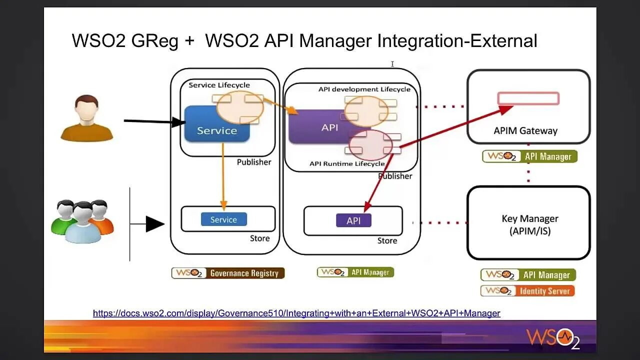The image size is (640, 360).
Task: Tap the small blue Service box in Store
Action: point(224,219)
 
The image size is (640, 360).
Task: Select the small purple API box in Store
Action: point(353,220)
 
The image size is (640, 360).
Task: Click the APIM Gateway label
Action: point(525,131)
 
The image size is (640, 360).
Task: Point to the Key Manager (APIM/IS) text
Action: point(530,225)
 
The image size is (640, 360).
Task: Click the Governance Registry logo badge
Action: point(228,273)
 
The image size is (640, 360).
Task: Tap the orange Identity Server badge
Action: point(527,291)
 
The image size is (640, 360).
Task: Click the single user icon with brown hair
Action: point(87,118)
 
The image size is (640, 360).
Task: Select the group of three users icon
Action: point(82,221)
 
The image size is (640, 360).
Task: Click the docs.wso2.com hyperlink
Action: point(296,313)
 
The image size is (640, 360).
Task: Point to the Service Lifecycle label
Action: point(219,85)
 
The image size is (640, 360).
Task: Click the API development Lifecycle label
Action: point(364,89)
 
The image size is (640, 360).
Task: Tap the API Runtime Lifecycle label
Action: point(347,163)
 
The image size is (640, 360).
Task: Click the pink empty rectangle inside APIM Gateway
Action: point(528,98)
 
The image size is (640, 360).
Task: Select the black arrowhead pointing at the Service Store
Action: point(155,224)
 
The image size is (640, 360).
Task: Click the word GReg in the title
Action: point(154,41)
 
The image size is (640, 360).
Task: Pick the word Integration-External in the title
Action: point(457,41)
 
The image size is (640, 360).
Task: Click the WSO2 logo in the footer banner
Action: point(553,339)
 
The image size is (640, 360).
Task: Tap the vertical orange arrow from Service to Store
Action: point(223,176)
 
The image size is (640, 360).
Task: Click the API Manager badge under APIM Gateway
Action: point(529,156)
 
